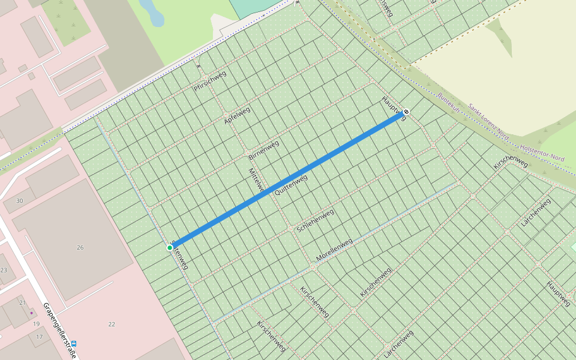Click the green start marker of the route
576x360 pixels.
tap(170, 247)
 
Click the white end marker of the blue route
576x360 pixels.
tap(406, 112)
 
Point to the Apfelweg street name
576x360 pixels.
tap(237, 114)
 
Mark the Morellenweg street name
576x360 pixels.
tap(334, 250)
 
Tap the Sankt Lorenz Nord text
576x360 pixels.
tap(488, 122)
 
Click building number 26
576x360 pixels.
tap(80, 247)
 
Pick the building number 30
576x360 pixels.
tap(20, 200)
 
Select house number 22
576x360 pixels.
tap(112, 324)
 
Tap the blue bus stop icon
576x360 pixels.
tap(74, 344)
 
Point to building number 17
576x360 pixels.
tap(39, 337)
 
